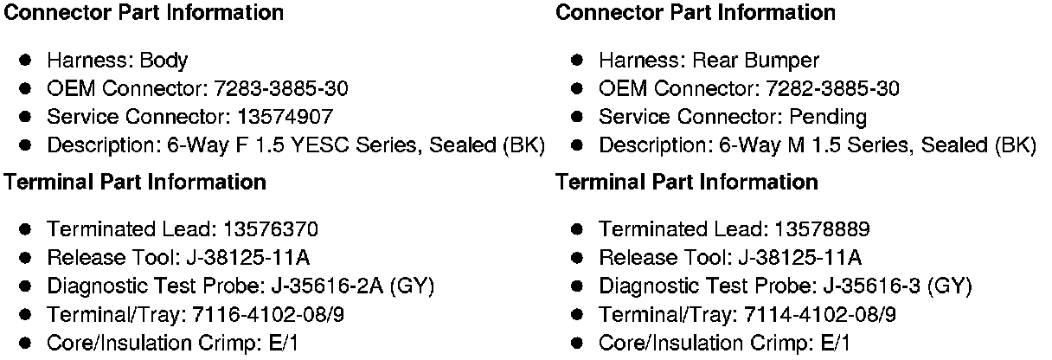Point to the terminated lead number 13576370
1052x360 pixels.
271,229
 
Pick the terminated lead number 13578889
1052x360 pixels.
822,229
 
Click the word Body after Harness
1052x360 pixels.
164,61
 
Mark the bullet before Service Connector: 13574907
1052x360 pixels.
26,116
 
